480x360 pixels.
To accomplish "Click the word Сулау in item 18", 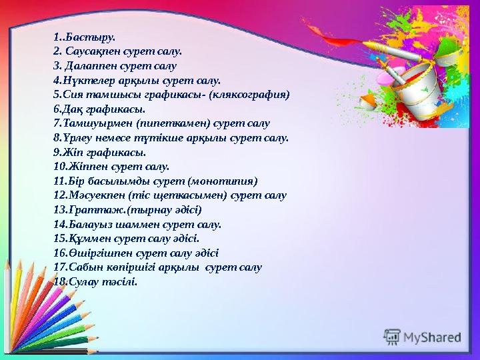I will point(76,282).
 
